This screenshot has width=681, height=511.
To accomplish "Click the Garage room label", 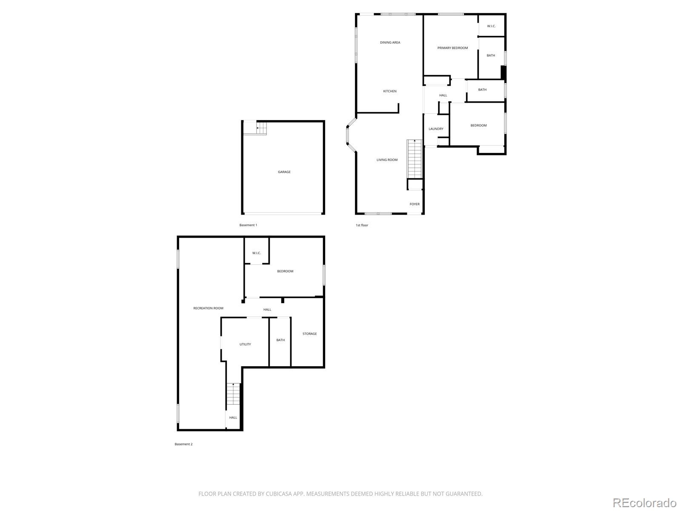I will tap(284, 172).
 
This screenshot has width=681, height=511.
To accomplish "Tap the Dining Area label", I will tap(390, 43).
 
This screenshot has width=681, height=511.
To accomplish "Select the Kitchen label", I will tap(390, 91).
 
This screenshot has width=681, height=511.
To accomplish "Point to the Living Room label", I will tap(387, 160).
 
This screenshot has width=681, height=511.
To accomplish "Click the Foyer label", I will tap(415, 204).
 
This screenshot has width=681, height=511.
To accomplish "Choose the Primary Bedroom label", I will tap(452, 48).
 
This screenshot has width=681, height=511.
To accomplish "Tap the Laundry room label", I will tap(436, 129).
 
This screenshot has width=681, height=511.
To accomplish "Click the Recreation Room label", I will tap(208, 308).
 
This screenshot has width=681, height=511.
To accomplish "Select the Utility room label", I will tap(245, 344).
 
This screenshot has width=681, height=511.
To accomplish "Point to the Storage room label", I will tap(309, 334).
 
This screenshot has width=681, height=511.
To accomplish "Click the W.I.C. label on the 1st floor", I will tap(491, 26).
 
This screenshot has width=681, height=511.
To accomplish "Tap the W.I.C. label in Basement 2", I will tap(256, 253).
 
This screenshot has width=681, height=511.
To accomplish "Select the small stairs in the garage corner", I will tap(261, 128).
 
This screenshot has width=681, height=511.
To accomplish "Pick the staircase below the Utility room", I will tap(233, 394).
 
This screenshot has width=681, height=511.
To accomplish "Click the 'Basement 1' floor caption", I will tap(248, 225).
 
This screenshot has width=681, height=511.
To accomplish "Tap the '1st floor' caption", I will tap(362, 225).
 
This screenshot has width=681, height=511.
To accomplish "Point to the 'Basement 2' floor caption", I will tap(183, 444).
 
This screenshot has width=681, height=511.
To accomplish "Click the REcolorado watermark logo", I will tap(644, 502).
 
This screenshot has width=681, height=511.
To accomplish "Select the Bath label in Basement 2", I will tap(280, 340).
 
